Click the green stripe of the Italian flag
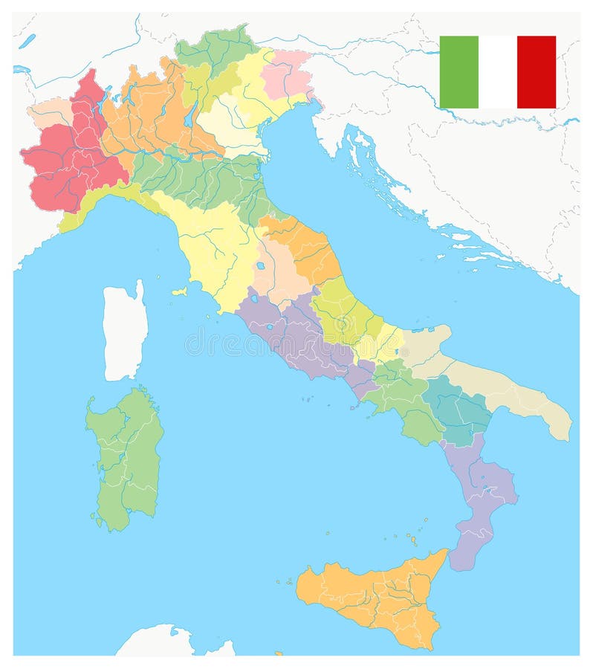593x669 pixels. coord(458,72)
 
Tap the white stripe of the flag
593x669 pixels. coord(497,72)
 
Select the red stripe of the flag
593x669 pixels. coord(536,72)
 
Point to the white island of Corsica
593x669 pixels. coord(124,331)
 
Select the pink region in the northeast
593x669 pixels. coord(286,74)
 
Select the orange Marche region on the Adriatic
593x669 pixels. coord(308,245)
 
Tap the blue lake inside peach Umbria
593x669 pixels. coord(261,265)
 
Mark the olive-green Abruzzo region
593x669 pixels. coord(342,312)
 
